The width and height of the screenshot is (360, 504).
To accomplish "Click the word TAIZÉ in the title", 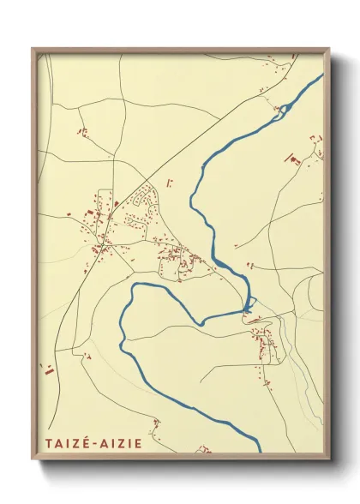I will tap(65, 444).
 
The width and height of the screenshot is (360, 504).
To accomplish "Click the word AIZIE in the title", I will tap(119, 444).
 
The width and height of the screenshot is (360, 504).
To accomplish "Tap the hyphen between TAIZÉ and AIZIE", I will tap(93, 445).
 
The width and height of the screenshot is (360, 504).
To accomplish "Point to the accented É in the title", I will tap(85, 444).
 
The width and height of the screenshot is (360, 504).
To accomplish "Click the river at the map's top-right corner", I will tap(319, 78).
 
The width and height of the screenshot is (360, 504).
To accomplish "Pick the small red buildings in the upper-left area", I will tap(83, 132).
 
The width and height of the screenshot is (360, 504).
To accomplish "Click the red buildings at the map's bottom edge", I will tap(203, 448).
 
